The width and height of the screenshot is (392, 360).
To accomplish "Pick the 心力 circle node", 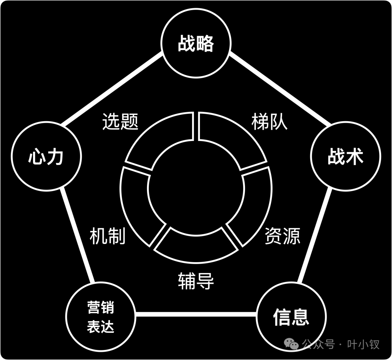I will pos(46,157).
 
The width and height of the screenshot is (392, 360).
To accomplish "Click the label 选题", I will pos(121,121).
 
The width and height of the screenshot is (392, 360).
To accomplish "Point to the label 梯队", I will pos(269,121).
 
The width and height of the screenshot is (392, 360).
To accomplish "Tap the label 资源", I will pos(282,236).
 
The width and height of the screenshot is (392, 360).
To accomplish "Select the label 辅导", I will pos(196,281).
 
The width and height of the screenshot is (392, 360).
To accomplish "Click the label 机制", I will pos(108,236).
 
